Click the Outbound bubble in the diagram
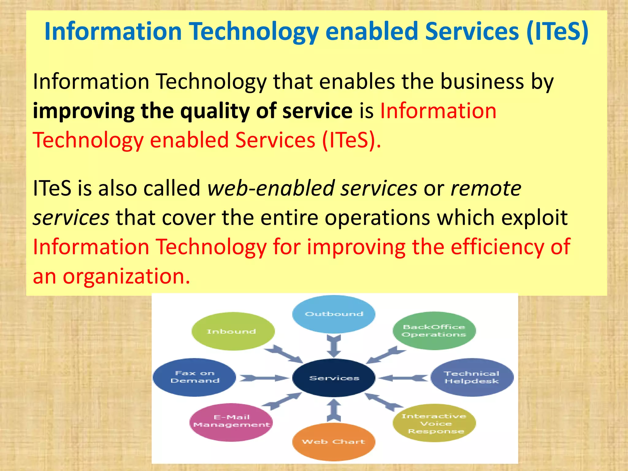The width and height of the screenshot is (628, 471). [334, 314]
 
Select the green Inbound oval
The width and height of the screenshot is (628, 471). [233, 331]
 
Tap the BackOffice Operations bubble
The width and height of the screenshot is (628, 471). [434, 331]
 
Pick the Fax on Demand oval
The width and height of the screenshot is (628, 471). [194, 377]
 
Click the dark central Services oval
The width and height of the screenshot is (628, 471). [334, 378]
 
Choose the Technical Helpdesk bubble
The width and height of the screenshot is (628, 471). [472, 377]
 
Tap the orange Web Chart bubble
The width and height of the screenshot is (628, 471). [334, 442]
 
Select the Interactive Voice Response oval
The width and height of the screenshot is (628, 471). [434, 423]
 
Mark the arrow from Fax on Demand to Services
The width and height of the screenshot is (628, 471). [264, 378]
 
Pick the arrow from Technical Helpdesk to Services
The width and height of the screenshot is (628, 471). [403, 378]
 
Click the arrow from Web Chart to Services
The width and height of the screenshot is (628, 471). [334, 410]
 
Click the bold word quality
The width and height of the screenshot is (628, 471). [215, 111]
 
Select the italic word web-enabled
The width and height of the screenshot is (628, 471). [270, 188]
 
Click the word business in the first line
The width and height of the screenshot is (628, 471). [482, 82]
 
